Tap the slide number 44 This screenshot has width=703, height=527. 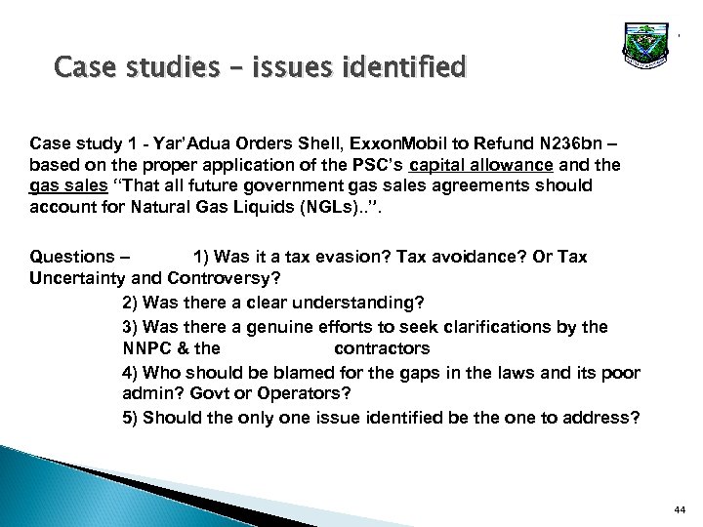(680, 508)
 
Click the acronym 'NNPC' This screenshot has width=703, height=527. (145, 347)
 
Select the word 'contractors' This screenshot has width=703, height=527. (382, 347)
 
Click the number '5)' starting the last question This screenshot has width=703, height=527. (131, 417)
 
